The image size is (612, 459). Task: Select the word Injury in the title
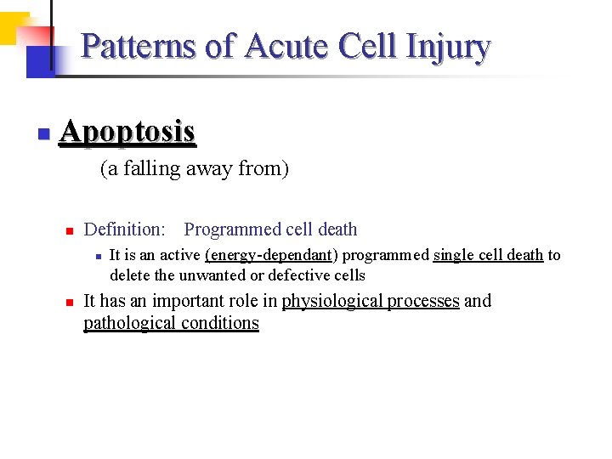click(448, 48)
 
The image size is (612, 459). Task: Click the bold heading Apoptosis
click(127, 132)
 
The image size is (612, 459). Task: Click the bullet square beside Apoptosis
click(43, 134)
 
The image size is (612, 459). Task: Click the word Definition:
click(125, 229)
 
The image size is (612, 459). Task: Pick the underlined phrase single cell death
click(488, 255)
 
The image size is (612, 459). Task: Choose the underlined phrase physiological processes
click(371, 301)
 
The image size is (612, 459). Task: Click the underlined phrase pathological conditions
click(171, 323)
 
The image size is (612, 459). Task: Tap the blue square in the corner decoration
click(38, 61)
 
